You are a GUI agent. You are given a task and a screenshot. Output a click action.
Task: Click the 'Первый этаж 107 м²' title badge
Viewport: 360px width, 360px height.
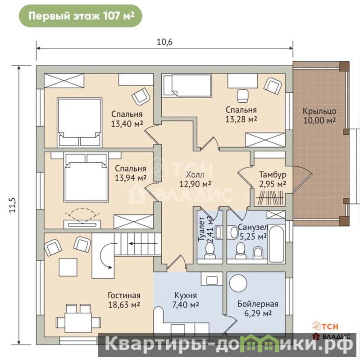click(80, 16)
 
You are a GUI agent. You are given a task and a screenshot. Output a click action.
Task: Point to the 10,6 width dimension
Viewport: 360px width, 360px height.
click(164, 42)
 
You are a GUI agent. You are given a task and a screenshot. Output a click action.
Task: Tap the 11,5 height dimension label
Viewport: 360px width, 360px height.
click(13, 205)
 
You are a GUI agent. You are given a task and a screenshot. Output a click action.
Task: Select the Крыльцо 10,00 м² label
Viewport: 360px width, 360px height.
click(319, 116)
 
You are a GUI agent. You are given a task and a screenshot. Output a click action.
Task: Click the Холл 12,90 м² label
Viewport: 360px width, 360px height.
click(195, 179)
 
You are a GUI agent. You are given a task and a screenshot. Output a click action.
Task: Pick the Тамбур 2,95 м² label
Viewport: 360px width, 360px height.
click(273, 179)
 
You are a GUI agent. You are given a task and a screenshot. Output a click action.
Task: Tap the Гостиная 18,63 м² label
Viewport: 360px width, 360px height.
click(124, 300)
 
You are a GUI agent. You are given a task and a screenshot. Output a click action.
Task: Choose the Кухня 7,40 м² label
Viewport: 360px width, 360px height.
click(186, 300)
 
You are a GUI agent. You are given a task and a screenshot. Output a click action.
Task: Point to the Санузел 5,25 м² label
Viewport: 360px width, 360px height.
click(253, 232)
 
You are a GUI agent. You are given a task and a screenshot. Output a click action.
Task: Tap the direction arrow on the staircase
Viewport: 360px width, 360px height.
click(143, 243)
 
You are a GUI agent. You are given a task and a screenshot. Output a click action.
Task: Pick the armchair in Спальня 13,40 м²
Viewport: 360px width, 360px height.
click(140, 96)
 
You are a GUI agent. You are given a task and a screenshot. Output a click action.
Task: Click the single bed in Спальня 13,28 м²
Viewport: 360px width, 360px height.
click(187, 86)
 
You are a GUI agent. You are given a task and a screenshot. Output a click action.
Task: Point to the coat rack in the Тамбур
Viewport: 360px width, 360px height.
click(270, 197)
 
